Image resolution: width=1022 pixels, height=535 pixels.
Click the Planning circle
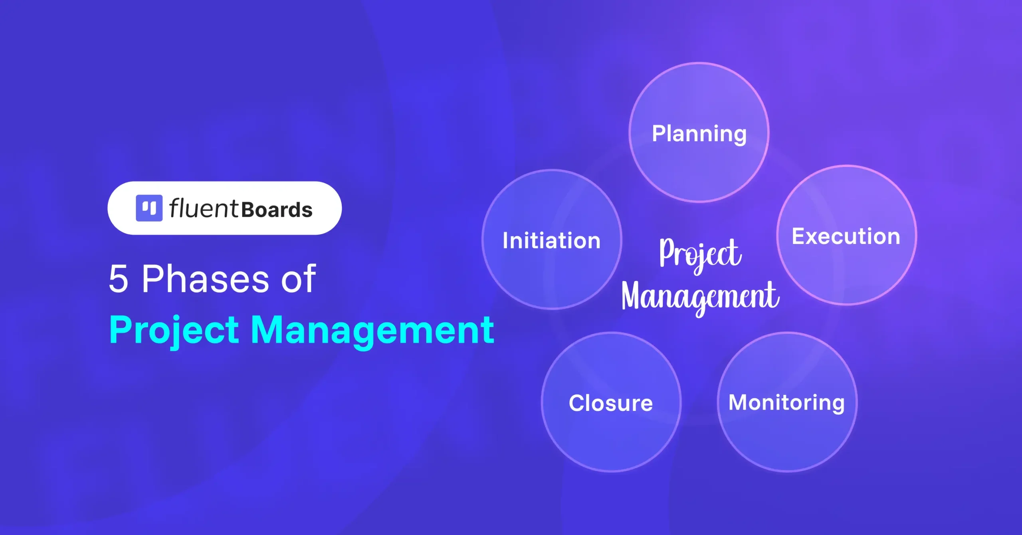point(699,132)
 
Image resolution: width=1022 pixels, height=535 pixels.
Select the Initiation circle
point(552,240)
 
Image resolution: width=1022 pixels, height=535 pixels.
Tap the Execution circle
point(847,235)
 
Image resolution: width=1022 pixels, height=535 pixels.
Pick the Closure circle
point(611,402)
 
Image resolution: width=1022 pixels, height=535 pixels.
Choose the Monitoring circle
point(787,402)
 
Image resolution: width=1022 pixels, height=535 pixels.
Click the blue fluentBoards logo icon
point(149,208)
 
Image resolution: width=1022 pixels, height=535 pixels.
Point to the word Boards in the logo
point(277,210)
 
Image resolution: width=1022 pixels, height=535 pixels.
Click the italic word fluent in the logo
point(204,208)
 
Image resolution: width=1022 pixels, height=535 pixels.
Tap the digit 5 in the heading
point(119,279)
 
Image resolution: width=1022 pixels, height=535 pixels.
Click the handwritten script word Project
point(701,255)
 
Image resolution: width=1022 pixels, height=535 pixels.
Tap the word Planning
point(699,134)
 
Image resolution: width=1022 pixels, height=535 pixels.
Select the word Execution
point(846,236)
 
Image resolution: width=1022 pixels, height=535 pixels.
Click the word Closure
point(611,403)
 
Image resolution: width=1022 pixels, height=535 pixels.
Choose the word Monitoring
point(787,403)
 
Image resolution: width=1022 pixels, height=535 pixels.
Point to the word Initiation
point(552,240)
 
